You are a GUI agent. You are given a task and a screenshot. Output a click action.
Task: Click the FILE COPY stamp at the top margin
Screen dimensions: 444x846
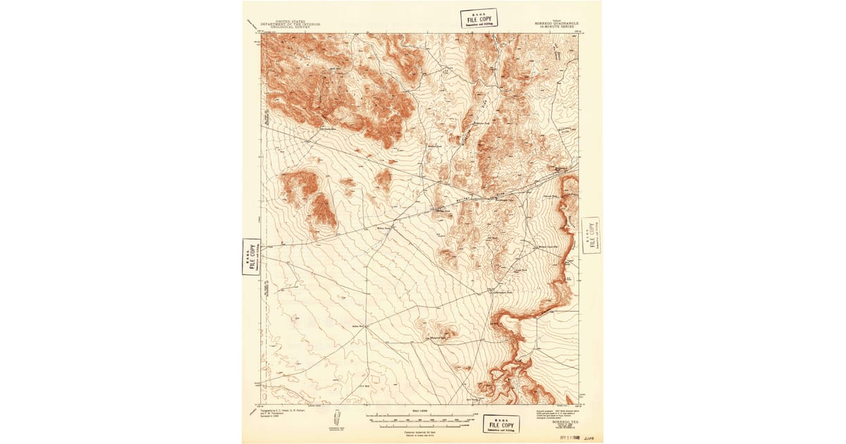pyautogui.click(x=479, y=18)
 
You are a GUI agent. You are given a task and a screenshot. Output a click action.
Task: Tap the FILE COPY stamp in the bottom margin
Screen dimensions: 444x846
pyautogui.click(x=501, y=424)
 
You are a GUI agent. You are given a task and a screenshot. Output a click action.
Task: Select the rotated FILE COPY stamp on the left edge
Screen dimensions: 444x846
pyautogui.click(x=251, y=257)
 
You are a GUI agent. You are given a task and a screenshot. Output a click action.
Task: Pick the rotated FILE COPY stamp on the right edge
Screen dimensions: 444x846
pyautogui.click(x=591, y=235)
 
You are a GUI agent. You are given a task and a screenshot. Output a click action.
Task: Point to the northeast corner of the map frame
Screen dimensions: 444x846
pyautogui.click(x=578, y=34)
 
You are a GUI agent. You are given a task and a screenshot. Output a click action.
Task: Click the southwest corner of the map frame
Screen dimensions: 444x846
pyautogui.click(x=262, y=405)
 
